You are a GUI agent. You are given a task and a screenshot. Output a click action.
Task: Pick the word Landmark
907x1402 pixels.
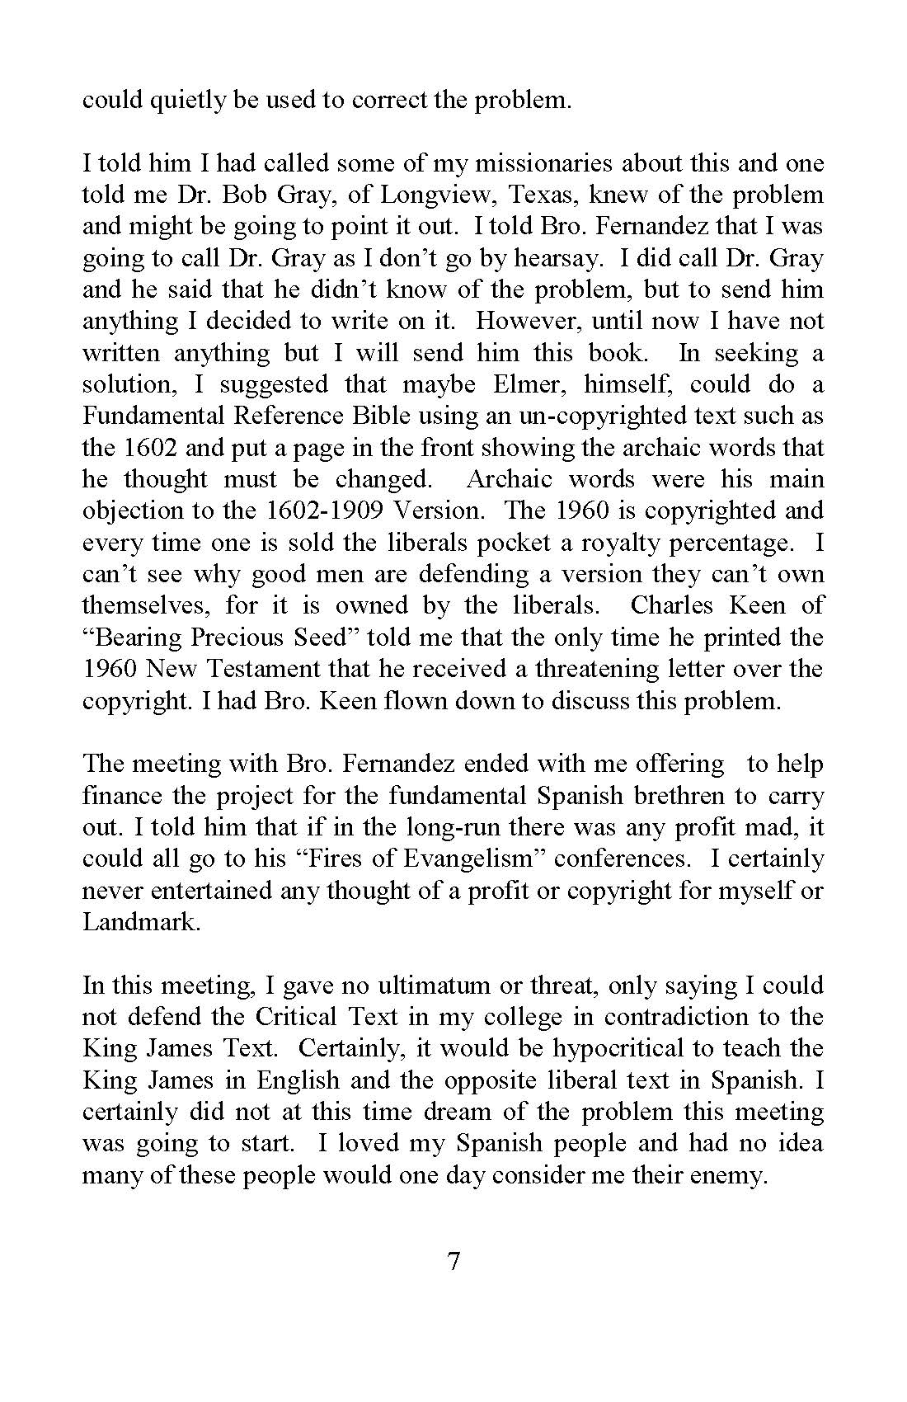coord(141,922)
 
